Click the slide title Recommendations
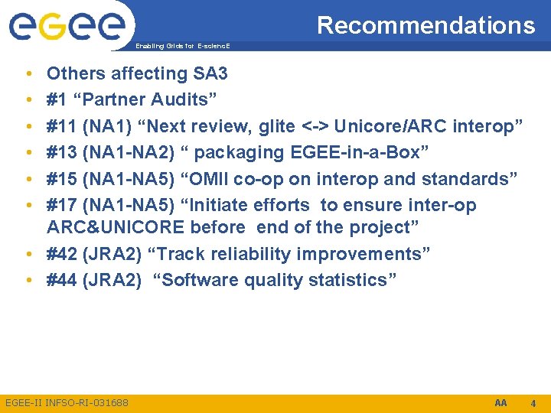point(425,25)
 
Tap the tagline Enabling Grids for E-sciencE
point(181,46)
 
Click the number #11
point(62,126)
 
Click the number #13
point(62,152)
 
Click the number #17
point(62,205)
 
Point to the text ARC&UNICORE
point(116,227)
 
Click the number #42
point(62,254)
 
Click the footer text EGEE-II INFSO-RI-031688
point(67,402)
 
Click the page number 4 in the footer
point(533,403)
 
